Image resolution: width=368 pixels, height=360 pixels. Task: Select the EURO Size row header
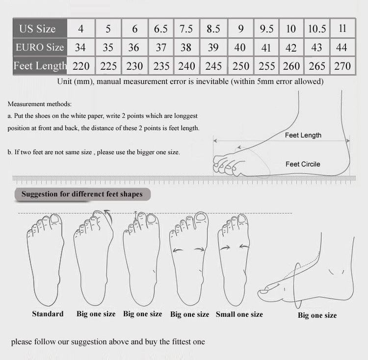click(40, 47)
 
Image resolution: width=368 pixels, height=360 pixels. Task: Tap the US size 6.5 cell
click(161, 28)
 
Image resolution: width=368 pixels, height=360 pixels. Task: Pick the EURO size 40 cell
click(240, 48)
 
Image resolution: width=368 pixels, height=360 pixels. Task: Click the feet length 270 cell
click(342, 66)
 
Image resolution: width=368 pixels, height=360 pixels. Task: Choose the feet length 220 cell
click(81, 66)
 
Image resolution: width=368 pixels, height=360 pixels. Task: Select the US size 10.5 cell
click(317, 28)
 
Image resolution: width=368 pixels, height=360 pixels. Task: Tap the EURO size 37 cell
click(161, 48)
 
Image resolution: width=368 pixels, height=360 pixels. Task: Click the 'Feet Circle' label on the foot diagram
click(303, 164)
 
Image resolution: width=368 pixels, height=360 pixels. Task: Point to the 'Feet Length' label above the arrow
click(303, 135)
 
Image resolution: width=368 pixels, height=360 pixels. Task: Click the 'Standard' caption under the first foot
click(48, 314)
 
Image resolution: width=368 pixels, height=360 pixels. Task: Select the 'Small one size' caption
click(239, 314)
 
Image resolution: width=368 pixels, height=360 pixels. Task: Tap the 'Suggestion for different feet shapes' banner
click(82, 194)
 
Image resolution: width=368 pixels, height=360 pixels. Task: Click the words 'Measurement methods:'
click(39, 104)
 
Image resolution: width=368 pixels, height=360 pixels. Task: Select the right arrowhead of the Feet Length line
click(348, 140)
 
